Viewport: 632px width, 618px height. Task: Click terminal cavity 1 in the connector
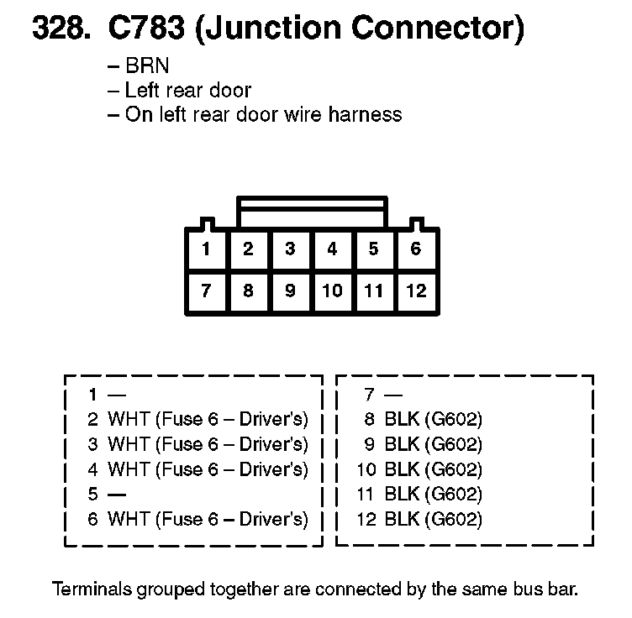pos(206,249)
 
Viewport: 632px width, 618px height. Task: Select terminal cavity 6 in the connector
pos(416,249)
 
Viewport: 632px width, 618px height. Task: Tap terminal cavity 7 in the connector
pos(206,291)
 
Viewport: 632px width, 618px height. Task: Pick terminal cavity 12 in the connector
pos(416,291)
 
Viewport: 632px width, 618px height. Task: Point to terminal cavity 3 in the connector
pos(290,249)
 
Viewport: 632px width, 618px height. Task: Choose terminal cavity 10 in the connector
pos(332,291)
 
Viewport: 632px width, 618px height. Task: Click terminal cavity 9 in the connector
pos(290,291)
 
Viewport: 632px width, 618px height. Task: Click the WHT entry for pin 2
pos(208,419)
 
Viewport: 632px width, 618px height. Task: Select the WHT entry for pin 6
pos(208,519)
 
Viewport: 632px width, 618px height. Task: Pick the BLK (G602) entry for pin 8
pos(434,419)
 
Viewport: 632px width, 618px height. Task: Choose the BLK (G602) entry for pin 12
pos(434,519)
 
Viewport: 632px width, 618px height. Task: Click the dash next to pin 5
pos(117,495)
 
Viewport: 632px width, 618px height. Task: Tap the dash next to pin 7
pos(392,394)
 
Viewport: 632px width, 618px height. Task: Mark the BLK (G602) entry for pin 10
pos(434,469)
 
